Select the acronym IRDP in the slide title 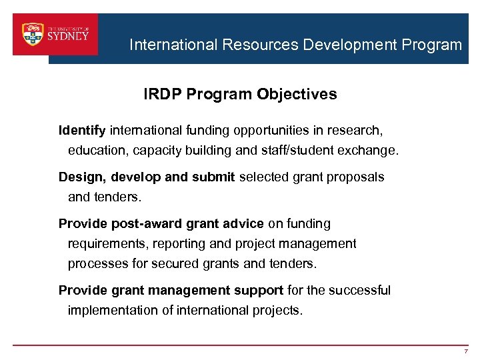tap(163, 95)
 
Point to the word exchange tap(368, 151)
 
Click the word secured tap(175, 264)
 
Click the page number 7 tap(467, 351)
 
